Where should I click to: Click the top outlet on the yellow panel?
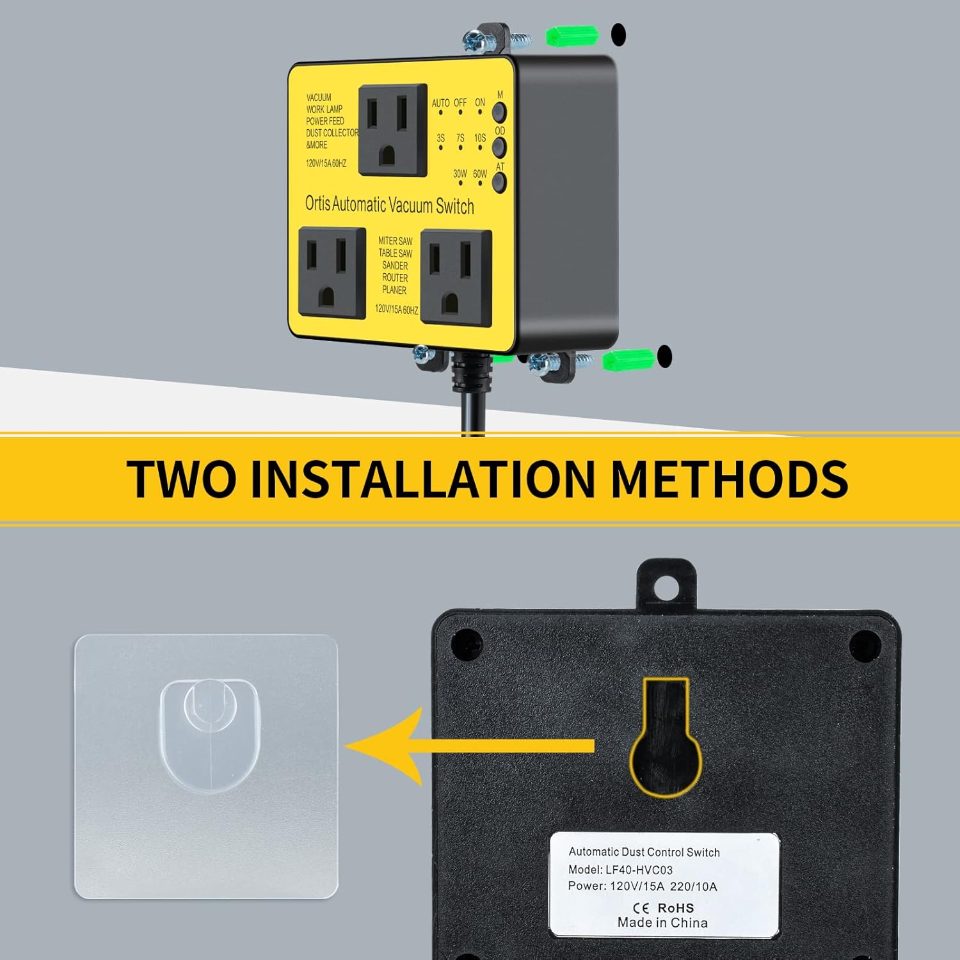click(x=393, y=129)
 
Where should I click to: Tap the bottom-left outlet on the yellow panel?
click(x=332, y=272)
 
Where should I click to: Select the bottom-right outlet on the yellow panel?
click(x=456, y=278)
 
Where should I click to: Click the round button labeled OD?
click(x=499, y=147)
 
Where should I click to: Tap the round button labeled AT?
click(x=499, y=182)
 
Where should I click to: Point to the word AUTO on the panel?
click(x=440, y=103)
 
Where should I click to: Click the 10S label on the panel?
click(x=480, y=138)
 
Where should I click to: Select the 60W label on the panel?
click(x=480, y=174)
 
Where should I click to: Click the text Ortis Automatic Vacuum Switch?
click(x=389, y=205)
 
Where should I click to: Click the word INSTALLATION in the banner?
click(x=422, y=478)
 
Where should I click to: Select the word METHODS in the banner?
click(x=730, y=478)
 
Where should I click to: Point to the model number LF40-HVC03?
click(x=638, y=870)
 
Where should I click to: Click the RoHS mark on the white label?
click(x=675, y=908)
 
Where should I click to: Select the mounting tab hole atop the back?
click(x=666, y=584)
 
